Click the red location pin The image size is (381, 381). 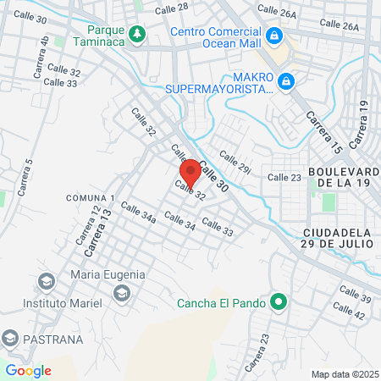(x=190, y=172)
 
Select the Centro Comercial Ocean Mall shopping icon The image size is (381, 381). (x=273, y=36)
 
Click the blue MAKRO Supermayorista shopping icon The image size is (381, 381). (x=286, y=81)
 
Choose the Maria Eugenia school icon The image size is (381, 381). (x=122, y=293)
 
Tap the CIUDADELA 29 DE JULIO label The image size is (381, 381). (x=336, y=237)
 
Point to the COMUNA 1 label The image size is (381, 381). (x=83, y=197)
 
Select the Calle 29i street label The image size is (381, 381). (x=236, y=162)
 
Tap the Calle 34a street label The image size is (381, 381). (x=138, y=213)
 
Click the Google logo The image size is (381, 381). (x=28, y=370)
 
